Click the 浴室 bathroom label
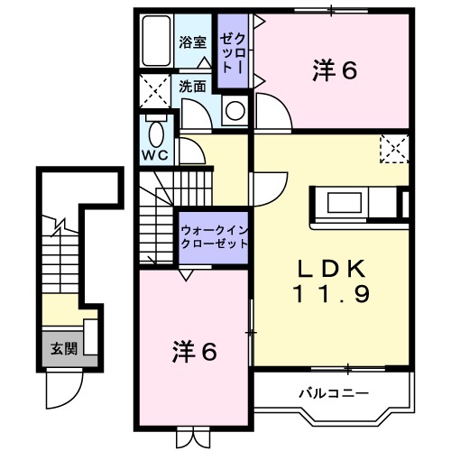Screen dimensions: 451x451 point(192,41)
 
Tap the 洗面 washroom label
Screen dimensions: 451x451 point(192,87)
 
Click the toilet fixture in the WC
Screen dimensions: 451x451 point(158,134)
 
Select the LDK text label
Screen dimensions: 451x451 point(332,268)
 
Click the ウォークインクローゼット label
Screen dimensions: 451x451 point(213,236)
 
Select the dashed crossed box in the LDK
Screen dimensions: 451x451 point(392,148)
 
